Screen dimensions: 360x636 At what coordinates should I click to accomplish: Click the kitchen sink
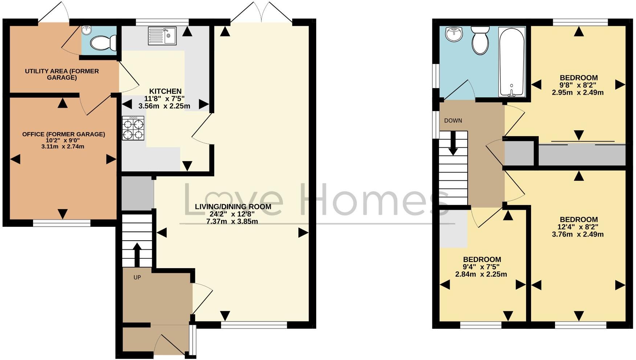click(x=162, y=36)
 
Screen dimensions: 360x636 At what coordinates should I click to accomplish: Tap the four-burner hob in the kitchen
click(x=133, y=128)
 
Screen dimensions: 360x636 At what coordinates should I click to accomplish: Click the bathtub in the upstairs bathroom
click(x=512, y=62)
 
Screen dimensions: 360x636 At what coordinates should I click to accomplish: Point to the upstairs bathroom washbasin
click(x=454, y=34)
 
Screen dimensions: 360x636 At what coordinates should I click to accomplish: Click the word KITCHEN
click(x=166, y=91)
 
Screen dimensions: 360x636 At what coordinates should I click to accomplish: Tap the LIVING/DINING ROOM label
click(x=233, y=206)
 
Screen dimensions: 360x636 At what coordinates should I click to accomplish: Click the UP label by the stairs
click(x=137, y=277)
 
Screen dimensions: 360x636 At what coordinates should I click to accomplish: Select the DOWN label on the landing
click(x=453, y=120)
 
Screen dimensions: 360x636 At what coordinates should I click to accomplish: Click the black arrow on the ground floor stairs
click(x=137, y=254)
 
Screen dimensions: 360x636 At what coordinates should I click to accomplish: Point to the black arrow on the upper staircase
click(x=453, y=143)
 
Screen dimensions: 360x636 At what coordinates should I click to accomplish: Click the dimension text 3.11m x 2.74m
click(x=63, y=147)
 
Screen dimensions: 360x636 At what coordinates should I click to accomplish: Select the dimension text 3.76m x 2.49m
click(x=578, y=234)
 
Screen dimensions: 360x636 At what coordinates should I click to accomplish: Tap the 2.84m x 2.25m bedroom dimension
click(x=481, y=274)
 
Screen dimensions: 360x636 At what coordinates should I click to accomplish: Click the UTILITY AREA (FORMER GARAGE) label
click(x=62, y=74)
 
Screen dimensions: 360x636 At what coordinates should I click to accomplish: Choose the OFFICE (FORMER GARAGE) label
click(x=64, y=134)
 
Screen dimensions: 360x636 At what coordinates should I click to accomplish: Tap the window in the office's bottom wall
click(x=62, y=223)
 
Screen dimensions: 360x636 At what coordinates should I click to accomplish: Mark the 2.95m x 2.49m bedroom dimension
click(x=578, y=92)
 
